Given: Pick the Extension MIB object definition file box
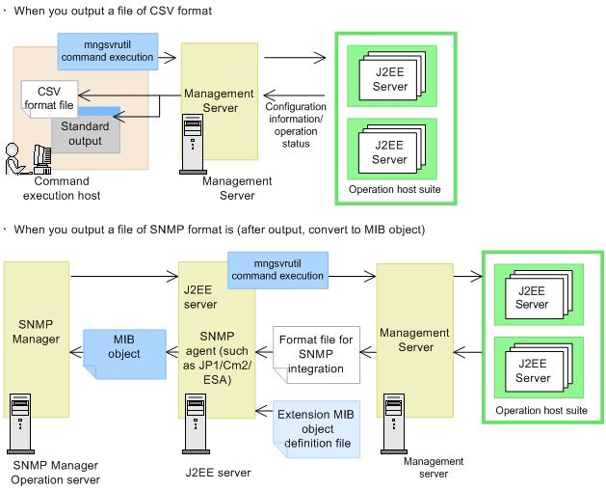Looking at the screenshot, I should (316, 429).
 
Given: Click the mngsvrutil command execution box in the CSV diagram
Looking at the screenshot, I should (107, 50).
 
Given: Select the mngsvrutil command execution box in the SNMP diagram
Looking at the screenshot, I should (277, 269).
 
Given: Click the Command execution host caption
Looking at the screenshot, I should (62, 188).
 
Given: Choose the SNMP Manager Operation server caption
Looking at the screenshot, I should (56, 473).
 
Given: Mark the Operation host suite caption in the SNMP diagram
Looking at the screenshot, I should (540, 411).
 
